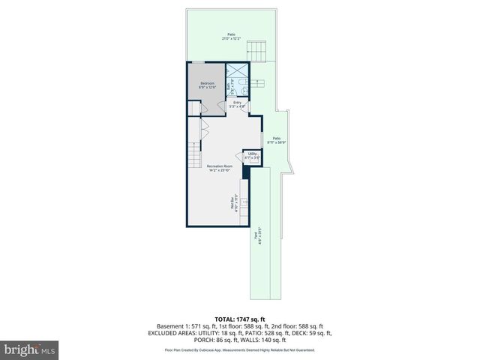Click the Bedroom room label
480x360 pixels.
[207, 85]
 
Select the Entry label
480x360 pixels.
[237, 103]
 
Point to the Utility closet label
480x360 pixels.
[253, 156]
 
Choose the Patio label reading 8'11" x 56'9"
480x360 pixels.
[277, 140]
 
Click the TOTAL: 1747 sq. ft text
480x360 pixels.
[240, 319]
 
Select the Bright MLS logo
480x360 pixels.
[30, 349]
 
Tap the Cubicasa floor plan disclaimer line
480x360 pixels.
[240, 350]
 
